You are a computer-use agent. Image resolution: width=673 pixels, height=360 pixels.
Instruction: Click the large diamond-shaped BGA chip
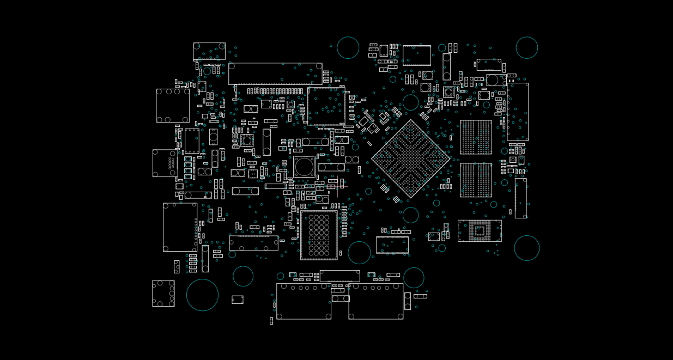tap(411, 158)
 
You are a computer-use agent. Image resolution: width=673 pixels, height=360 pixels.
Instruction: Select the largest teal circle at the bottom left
tap(202, 295)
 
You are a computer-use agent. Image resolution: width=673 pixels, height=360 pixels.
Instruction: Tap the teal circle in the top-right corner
tap(526, 47)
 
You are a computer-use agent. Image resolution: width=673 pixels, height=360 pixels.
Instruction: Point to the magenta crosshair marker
tap(337, 187)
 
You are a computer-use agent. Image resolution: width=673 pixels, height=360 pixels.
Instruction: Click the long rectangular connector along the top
tap(275, 74)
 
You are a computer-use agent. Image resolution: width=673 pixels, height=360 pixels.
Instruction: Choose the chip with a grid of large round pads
tap(319, 235)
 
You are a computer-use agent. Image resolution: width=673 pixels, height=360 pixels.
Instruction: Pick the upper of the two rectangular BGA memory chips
tap(476, 137)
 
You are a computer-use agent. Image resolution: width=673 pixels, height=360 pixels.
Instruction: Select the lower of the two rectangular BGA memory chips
tap(476, 180)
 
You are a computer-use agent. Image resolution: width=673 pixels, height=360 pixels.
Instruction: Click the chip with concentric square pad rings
tap(480, 231)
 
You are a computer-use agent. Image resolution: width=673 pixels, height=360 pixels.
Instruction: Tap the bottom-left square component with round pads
tap(163, 293)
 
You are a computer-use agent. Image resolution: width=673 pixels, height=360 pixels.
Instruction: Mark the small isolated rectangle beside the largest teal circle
tap(237, 300)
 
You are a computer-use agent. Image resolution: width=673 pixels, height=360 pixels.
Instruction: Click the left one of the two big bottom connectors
tap(304, 301)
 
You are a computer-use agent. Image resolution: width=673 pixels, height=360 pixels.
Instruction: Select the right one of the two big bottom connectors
tap(376, 301)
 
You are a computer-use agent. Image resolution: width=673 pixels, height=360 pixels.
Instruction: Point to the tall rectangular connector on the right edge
tap(517, 112)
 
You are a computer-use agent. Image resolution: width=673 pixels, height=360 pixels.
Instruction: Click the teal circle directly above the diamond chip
tap(410, 102)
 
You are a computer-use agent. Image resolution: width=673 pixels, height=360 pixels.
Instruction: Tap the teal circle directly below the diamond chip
tap(410, 215)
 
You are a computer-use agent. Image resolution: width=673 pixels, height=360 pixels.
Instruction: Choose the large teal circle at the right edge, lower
tap(526, 248)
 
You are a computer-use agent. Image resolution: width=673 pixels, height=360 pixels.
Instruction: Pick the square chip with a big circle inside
tap(304, 167)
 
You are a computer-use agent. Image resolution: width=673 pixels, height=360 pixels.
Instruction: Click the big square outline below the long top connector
tap(326, 106)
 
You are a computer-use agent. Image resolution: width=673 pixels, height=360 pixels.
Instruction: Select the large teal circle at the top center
tap(348, 47)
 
